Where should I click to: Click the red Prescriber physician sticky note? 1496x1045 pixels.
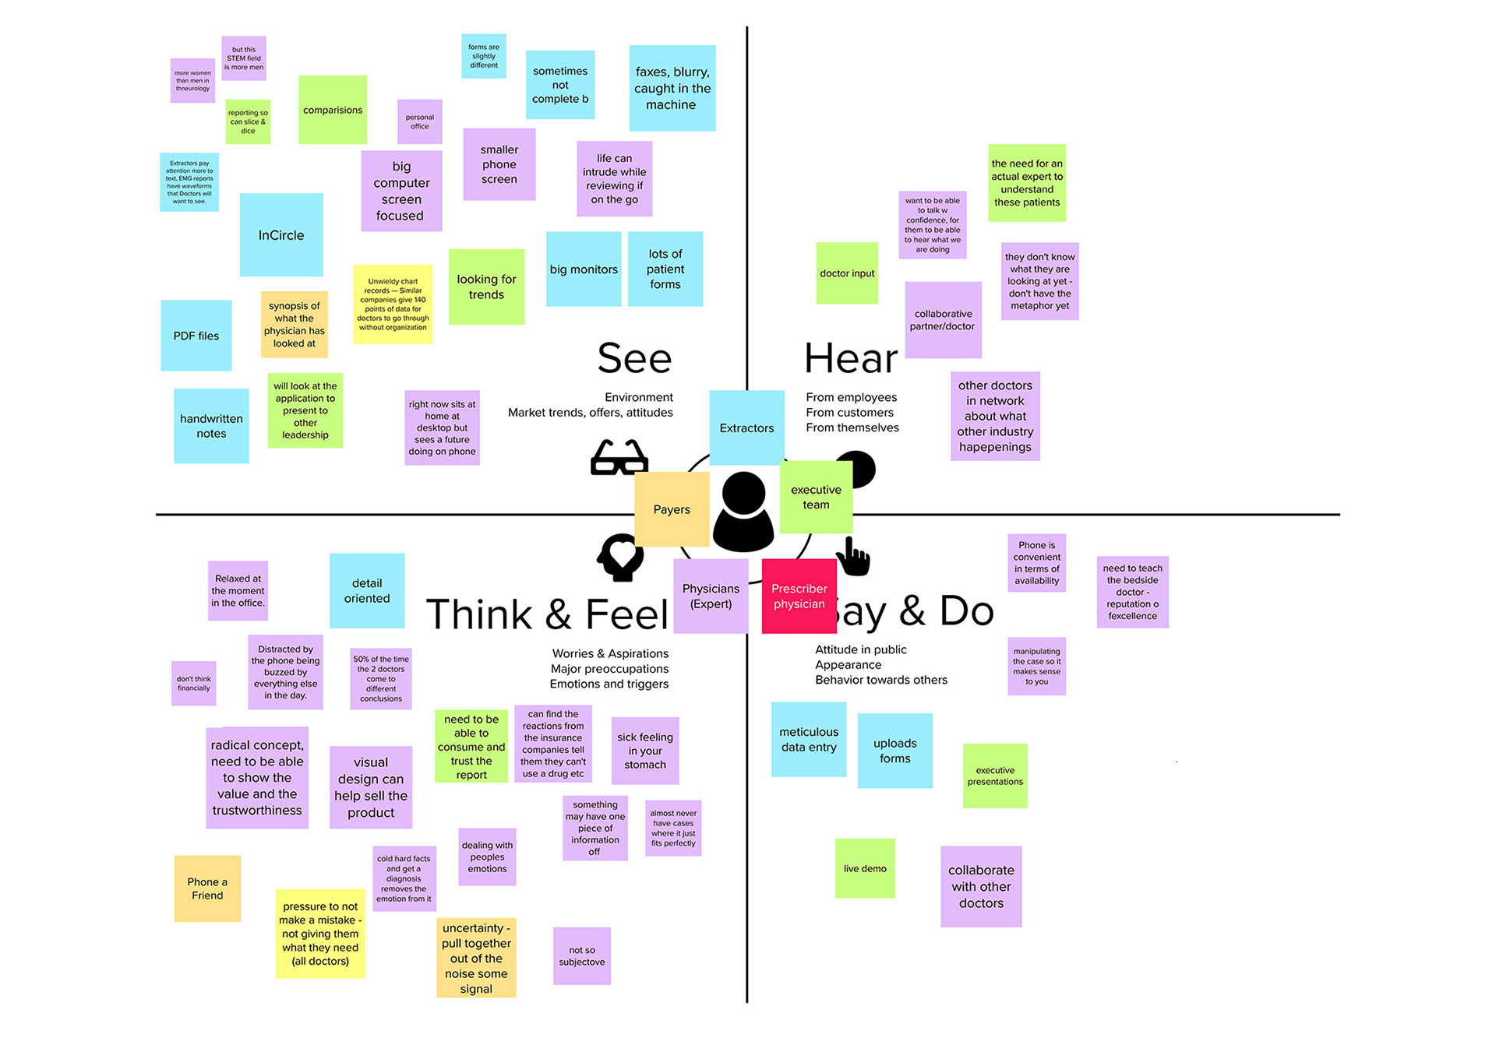(799, 596)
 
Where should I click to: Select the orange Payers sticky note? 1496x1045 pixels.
(672, 509)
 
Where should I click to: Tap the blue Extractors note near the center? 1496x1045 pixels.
(746, 427)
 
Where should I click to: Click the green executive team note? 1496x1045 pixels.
(816, 497)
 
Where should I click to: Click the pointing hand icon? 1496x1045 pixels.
(853, 557)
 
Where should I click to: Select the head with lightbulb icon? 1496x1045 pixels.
(621, 557)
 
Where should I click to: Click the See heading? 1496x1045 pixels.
(634, 358)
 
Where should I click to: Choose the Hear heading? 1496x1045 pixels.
(851, 358)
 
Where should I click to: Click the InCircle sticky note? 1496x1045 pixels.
(281, 235)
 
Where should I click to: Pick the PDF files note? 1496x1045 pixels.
(196, 336)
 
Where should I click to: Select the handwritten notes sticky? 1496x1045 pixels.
(211, 426)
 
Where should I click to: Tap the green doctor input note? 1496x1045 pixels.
(847, 273)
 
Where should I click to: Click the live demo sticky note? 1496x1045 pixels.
(865, 868)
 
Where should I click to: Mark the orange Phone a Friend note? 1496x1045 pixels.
(207, 888)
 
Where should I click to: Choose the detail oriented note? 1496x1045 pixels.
(367, 590)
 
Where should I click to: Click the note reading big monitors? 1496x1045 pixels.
(584, 269)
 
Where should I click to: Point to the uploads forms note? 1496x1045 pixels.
(894, 751)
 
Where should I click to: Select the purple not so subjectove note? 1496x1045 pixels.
(582, 955)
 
